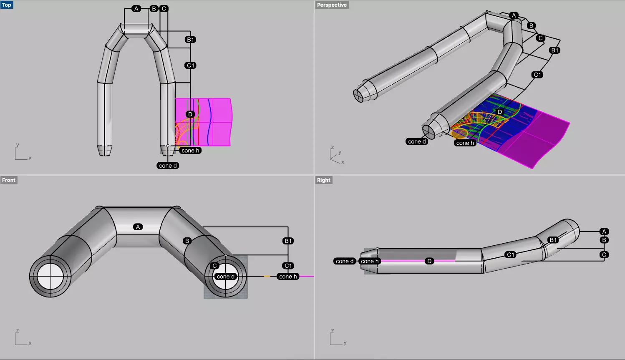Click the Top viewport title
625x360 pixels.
point(7,5)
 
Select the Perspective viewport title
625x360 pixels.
point(332,5)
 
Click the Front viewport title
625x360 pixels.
point(9,180)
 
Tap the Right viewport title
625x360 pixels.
point(323,180)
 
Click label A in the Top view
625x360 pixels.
point(136,9)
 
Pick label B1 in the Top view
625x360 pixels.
point(191,40)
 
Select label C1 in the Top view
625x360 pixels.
point(191,65)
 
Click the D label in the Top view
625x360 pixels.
point(190,114)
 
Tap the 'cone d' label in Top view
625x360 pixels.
point(168,166)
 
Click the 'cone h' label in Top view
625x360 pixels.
point(191,151)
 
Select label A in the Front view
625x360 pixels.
point(138,227)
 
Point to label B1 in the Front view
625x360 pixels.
point(288,241)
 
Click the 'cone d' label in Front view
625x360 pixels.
point(226,277)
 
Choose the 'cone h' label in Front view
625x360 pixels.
point(288,277)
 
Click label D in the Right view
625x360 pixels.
point(429,261)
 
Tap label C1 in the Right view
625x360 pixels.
point(510,254)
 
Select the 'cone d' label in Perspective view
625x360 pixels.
point(417,141)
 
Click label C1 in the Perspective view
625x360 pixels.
point(537,75)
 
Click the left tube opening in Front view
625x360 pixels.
point(50,276)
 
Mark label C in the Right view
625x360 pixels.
point(604,254)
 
